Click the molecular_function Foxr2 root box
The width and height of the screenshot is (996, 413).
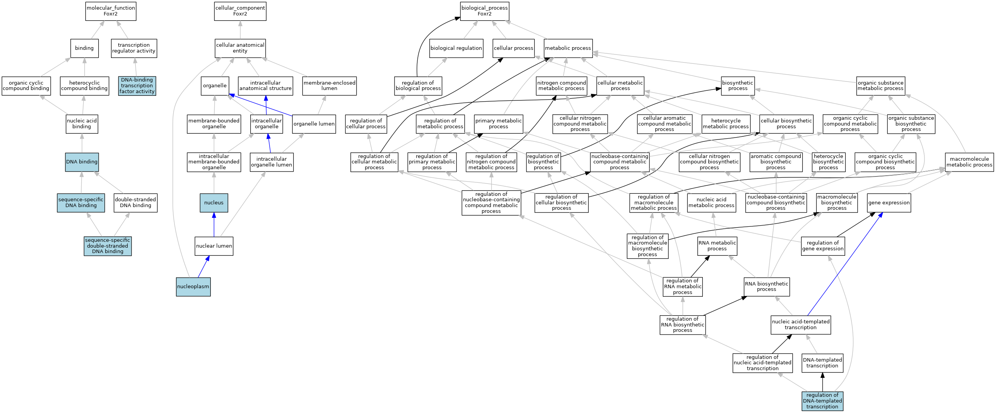coord(111,11)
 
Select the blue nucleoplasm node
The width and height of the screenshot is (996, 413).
coord(193,287)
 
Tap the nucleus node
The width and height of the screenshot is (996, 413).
coord(214,203)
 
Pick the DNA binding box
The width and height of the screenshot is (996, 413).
coord(82,162)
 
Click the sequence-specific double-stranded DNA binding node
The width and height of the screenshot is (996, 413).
coord(108,246)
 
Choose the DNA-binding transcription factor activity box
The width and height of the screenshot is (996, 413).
coord(137,86)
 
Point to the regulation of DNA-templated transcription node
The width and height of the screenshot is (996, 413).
coord(822,401)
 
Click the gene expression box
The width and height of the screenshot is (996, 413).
coord(888,203)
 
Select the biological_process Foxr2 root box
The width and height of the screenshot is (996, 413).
coord(484,11)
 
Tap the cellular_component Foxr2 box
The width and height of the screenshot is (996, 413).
coord(240,11)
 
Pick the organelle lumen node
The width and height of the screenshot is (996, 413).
coord(314,124)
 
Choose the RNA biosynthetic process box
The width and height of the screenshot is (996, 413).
coord(766,287)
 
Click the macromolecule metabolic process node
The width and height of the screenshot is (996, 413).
coord(969,162)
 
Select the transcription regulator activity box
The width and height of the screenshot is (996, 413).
coord(134,48)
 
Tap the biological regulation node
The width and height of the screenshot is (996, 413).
coord(456,48)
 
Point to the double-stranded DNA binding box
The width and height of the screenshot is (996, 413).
coord(135,203)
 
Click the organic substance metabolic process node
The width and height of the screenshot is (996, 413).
coord(880,86)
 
